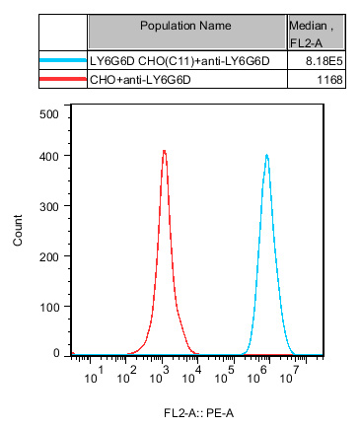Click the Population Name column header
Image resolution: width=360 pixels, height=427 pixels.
[x=185, y=24]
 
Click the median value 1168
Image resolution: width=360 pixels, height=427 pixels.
[x=329, y=80]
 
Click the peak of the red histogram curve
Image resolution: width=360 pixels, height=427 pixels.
[x=164, y=151]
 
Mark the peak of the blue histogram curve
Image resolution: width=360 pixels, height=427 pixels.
[x=266, y=155]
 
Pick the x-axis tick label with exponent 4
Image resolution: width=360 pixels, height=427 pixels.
[x=195, y=374]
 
